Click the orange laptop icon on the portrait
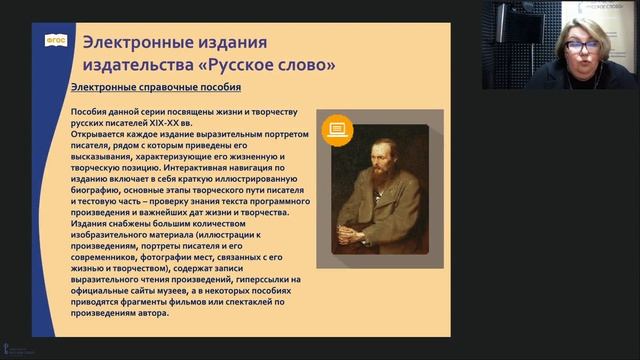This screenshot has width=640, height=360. coord(338,129)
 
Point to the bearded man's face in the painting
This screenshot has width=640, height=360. coord(382,158)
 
